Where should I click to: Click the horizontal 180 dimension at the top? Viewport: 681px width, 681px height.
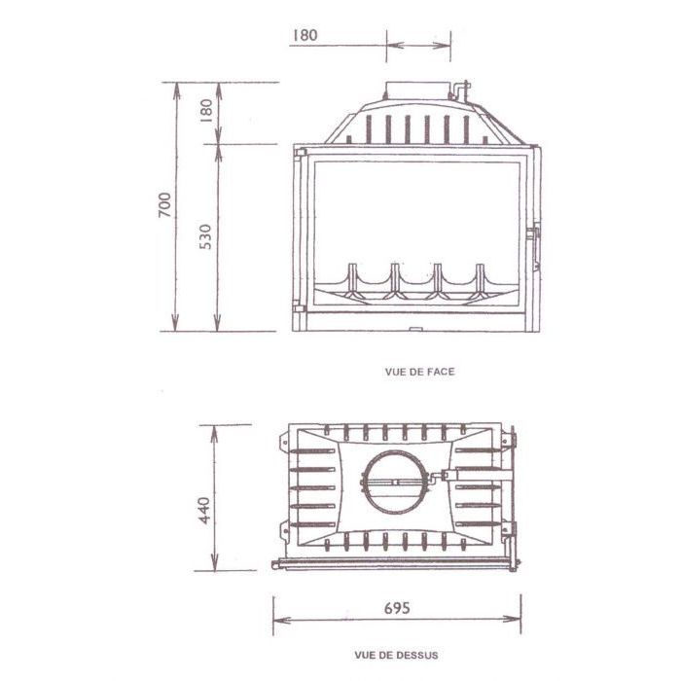tap(305, 35)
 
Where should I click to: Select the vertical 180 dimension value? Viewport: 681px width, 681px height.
tap(206, 111)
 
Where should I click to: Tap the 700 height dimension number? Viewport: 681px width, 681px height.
tap(165, 204)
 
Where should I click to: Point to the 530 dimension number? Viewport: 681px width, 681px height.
tap(205, 236)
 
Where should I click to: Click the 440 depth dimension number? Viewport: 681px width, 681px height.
tap(203, 511)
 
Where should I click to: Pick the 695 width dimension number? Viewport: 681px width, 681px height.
tap(397, 608)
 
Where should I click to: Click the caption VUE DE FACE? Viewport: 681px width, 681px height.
tap(419, 372)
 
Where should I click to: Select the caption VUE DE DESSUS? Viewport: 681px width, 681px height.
tap(396, 655)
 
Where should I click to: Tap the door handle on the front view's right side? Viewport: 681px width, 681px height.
tap(534, 248)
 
